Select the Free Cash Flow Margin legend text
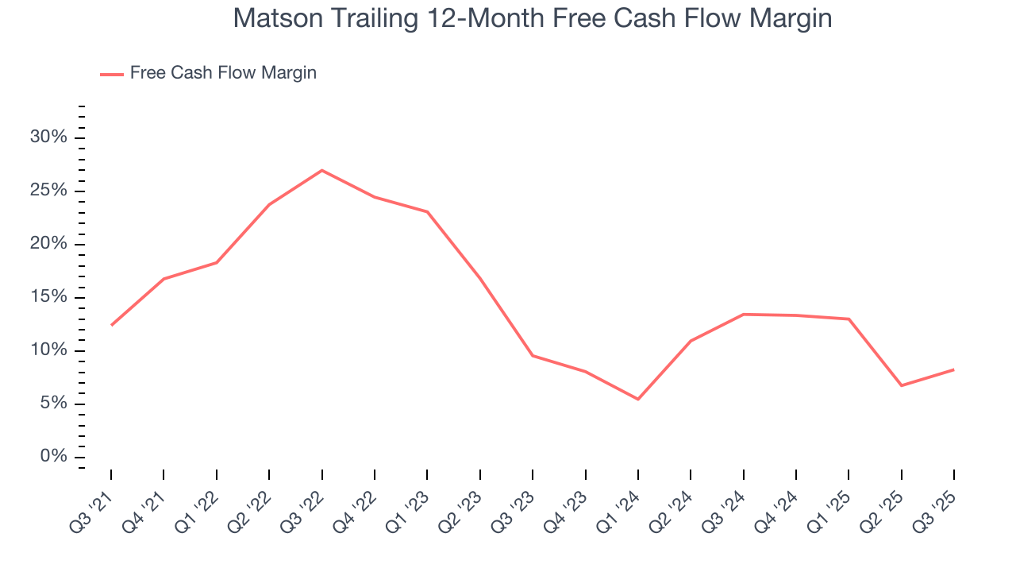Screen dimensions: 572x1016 click(x=223, y=73)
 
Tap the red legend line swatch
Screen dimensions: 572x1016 click(x=111, y=74)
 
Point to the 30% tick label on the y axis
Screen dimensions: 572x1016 click(x=48, y=137)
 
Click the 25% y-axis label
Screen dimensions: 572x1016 click(x=48, y=191)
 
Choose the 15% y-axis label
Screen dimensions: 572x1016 click(x=48, y=297)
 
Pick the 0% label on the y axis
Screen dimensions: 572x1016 click(x=52, y=457)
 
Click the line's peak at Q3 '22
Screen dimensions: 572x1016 click(x=321, y=170)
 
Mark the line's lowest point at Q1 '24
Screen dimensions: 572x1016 click(x=637, y=399)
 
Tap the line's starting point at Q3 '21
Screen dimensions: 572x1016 click(x=111, y=325)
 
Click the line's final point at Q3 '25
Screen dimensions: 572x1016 click(x=953, y=369)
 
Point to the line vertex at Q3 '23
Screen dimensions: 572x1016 click(x=532, y=355)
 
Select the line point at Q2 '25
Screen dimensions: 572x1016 click(x=901, y=385)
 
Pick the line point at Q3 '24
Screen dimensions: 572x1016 click(x=743, y=314)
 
